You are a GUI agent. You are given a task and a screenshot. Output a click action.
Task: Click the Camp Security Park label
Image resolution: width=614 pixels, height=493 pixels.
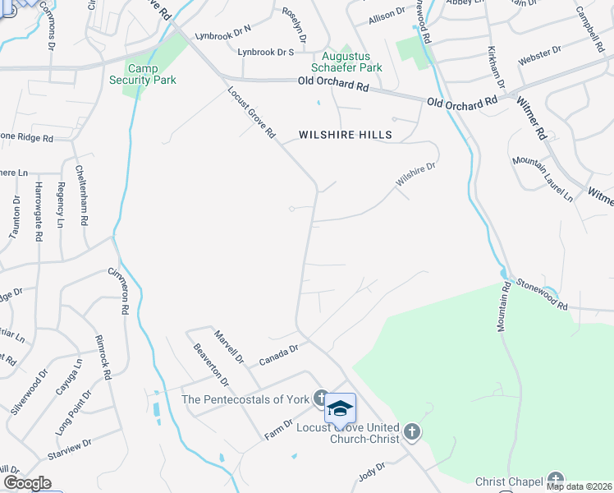coord(143,73)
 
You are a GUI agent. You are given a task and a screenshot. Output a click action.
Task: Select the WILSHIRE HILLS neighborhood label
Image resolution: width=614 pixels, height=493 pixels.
coord(345,134)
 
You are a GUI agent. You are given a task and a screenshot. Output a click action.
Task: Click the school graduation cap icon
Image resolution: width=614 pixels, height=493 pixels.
coord(340,408)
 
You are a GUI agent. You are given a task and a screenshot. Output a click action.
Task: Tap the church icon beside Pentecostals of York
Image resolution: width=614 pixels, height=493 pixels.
coord(320,399)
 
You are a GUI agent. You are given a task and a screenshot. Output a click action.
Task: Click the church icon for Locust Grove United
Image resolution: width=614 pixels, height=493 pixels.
coord(412,431)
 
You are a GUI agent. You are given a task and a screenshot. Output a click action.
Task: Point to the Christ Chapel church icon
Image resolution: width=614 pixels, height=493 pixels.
coord(557,480)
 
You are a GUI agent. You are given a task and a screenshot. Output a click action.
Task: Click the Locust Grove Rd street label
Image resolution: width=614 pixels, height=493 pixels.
coord(252,113)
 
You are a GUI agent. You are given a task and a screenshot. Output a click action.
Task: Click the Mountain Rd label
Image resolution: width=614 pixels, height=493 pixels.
coord(503,307)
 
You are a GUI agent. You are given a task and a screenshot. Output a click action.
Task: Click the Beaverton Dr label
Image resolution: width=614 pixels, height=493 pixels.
coord(208,363)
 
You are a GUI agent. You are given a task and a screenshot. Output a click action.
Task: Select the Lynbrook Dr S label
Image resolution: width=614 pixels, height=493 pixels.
coord(265,52)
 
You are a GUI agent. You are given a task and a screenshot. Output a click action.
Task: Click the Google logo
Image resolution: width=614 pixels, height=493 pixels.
coord(27,484)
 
